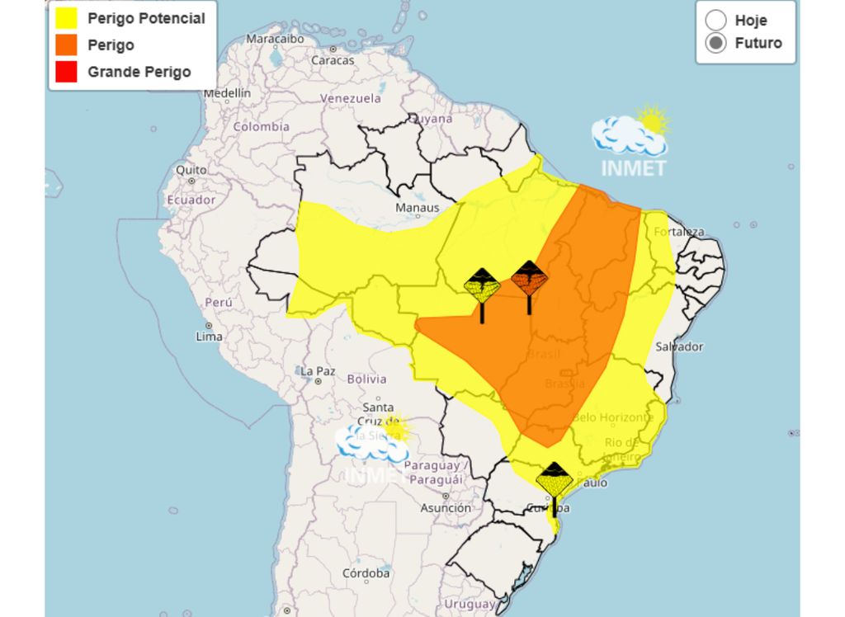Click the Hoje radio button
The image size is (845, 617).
pyautogui.click(x=716, y=20)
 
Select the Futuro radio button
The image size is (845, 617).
pyautogui.click(x=716, y=43)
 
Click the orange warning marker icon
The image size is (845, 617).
pyautogui.click(x=529, y=279)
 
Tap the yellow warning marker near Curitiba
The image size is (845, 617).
pyautogui.click(x=554, y=480)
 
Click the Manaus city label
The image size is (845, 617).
pyautogui.click(x=418, y=208)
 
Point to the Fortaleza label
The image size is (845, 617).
pyautogui.click(x=678, y=232)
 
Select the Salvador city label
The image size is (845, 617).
pyautogui.click(x=679, y=346)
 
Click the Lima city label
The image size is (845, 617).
pyautogui.click(x=210, y=337)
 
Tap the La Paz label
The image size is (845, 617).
pyautogui.click(x=317, y=371)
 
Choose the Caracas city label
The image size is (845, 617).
pyautogui.click(x=333, y=60)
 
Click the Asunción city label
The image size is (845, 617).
pyautogui.click(x=446, y=509)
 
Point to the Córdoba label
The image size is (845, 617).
pyautogui.click(x=366, y=572)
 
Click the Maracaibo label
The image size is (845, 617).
pyautogui.click(x=275, y=39)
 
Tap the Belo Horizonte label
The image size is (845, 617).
pyautogui.click(x=612, y=417)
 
